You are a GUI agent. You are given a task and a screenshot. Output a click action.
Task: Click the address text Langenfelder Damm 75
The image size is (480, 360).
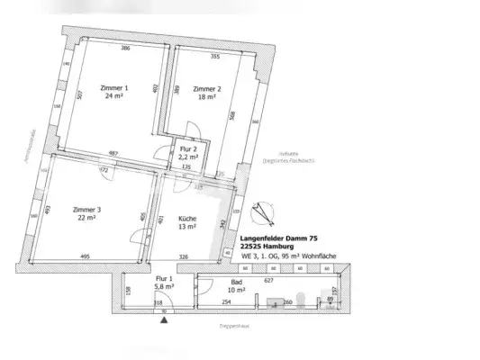coord(279,238)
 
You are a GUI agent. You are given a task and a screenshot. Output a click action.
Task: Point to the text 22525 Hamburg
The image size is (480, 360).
coord(266,247)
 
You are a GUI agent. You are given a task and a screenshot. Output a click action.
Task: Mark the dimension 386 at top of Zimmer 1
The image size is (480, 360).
coord(126,48)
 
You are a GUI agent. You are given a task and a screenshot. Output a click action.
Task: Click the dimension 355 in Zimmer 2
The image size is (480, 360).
coord(215,57)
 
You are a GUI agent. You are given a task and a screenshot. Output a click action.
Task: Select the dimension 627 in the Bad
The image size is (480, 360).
coord(267,280)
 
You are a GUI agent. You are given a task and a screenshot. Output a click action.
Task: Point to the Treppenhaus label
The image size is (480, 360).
coord(233,325)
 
